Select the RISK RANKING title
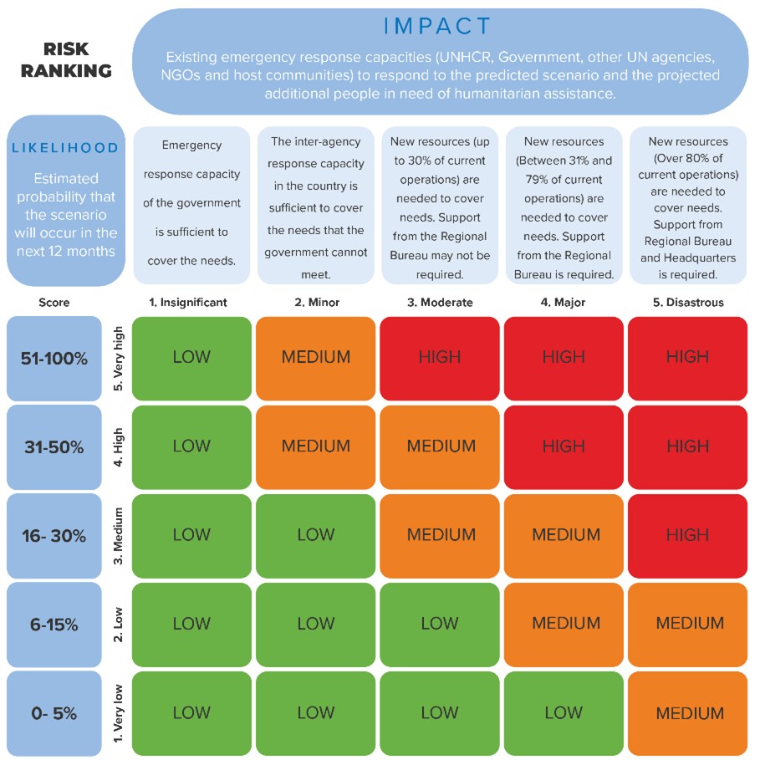coord(66,61)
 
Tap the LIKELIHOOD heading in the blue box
coord(65,148)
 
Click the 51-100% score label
coord(54,359)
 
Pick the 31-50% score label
coord(54,447)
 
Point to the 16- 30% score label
coord(54,536)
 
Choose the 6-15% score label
coord(54,625)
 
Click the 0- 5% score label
coord(54,713)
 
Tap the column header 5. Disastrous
coord(687,303)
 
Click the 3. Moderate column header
coord(440,303)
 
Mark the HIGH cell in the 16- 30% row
coord(687,535)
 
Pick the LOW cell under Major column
coord(564,712)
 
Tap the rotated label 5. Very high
coord(118,358)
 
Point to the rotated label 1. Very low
coord(118,713)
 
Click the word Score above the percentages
coord(54,303)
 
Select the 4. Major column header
coord(564,303)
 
